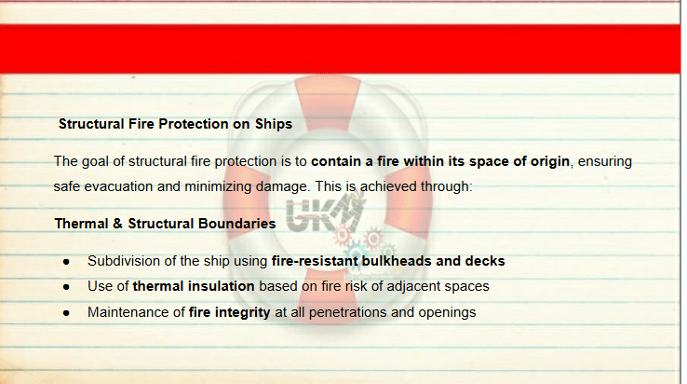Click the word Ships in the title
274,124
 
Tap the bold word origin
550,161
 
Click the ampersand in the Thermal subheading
117,224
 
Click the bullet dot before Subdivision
66,262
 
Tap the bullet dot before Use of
66,287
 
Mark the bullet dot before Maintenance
66,313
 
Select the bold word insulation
222,286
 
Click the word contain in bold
336,161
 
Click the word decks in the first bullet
485,261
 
